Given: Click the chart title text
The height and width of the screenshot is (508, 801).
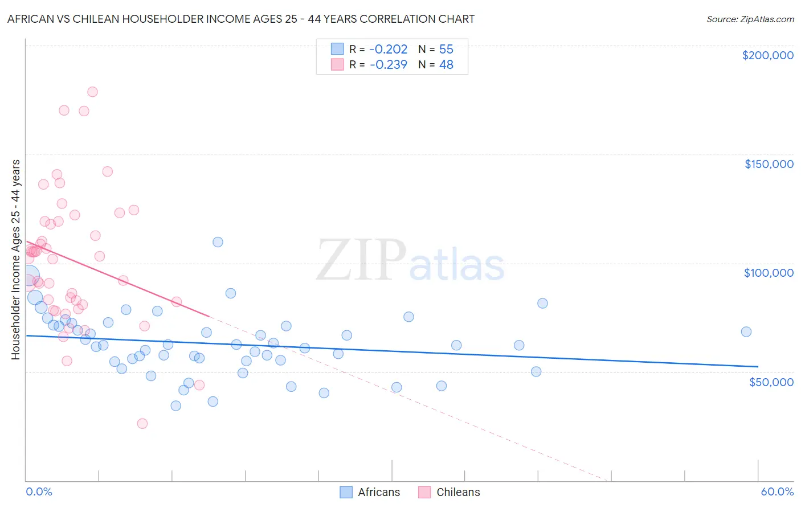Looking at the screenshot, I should (x=241, y=19).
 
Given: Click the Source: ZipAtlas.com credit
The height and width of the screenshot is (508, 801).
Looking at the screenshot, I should (x=750, y=19).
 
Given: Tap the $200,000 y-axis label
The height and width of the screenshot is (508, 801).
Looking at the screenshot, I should (x=767, y=55).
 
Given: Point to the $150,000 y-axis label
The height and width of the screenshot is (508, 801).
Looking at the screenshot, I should (x=769, y=164).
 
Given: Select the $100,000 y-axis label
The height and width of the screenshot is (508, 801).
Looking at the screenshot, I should (x=769, y=273).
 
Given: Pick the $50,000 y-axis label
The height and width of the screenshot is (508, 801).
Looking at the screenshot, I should (x=771, y=382).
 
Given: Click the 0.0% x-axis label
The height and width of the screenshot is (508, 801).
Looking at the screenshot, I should (x=39, y=491).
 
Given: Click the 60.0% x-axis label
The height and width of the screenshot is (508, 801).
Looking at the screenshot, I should (x=777, y=491).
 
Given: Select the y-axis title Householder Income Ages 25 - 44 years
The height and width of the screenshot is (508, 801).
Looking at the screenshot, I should (x=15, y=260).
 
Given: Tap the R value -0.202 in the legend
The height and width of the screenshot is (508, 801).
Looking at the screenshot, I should (x=389, y=50).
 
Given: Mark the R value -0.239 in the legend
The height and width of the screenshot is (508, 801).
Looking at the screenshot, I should (x=389, y=65).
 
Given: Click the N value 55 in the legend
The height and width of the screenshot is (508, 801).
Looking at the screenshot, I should (x=446, y=50).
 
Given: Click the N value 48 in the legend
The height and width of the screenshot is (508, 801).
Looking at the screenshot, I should (x=446, y=65).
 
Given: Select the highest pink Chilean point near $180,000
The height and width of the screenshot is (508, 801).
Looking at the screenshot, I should (x=92, y=92).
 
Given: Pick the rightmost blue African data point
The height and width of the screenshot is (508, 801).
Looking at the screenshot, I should (x=746, y=332).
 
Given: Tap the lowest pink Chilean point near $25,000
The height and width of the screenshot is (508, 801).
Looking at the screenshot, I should (x=142, y=424).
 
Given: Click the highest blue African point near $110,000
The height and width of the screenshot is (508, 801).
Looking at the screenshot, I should (x=218, y=242).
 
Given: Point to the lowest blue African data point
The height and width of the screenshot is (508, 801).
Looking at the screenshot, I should (x=176, y=406).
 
